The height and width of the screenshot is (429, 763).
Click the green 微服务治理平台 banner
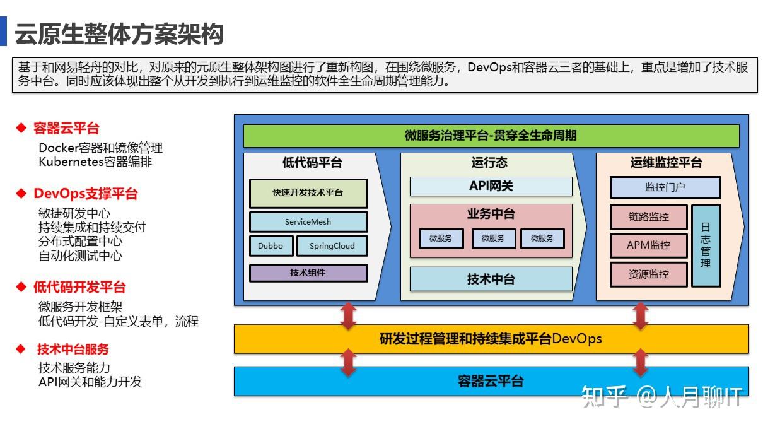[491, 136]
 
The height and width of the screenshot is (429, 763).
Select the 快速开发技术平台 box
[308, 193]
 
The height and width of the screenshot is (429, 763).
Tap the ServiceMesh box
[308, 221]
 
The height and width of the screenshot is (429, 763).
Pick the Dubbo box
[271, 246]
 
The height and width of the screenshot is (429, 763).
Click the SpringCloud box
[332, 246]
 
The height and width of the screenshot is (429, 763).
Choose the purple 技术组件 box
[308, 273]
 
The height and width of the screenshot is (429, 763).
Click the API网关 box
[491, 186]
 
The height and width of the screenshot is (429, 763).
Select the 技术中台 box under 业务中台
[491, 279]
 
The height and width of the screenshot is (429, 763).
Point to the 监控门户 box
[665, 187]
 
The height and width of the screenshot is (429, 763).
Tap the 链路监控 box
[648, 217]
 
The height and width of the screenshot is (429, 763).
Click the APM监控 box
[648, 245]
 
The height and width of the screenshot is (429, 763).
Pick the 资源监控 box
[648, 274]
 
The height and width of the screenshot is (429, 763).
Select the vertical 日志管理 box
[706, 245]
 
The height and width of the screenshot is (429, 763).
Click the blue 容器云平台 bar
[491, 381]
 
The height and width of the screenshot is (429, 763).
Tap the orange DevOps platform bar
[491, 339]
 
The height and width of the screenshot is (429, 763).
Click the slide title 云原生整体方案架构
[119, 34]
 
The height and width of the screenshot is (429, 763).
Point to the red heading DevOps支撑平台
[85, 194]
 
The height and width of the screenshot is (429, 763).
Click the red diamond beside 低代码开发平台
[21, 288]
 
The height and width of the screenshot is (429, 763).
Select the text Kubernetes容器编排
[95, 162]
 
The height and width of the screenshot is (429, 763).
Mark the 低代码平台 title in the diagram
[312, 163]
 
